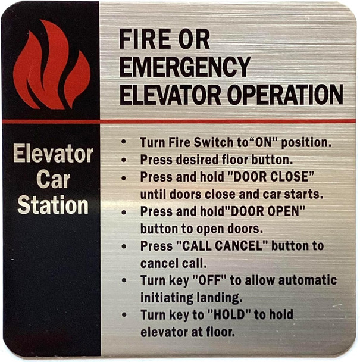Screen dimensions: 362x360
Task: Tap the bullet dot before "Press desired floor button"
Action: [123, 161]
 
